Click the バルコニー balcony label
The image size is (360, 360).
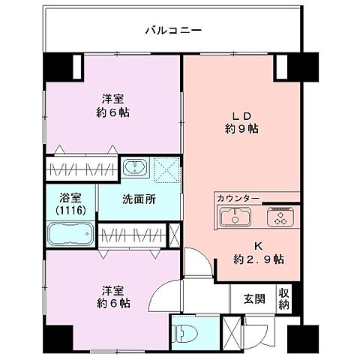click(x=173, y=31)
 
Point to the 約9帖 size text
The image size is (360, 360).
click(x=241, y=128)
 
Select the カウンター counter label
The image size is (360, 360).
click(x=238, y=198)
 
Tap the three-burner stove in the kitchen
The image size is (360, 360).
click(x=280, y=219)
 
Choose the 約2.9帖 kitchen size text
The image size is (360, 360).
click(x=258, y=259)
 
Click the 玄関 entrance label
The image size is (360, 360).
click(x=253, y=298)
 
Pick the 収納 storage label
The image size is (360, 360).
click(x=284, y=298)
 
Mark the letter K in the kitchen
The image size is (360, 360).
click(x=257, y=245)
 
